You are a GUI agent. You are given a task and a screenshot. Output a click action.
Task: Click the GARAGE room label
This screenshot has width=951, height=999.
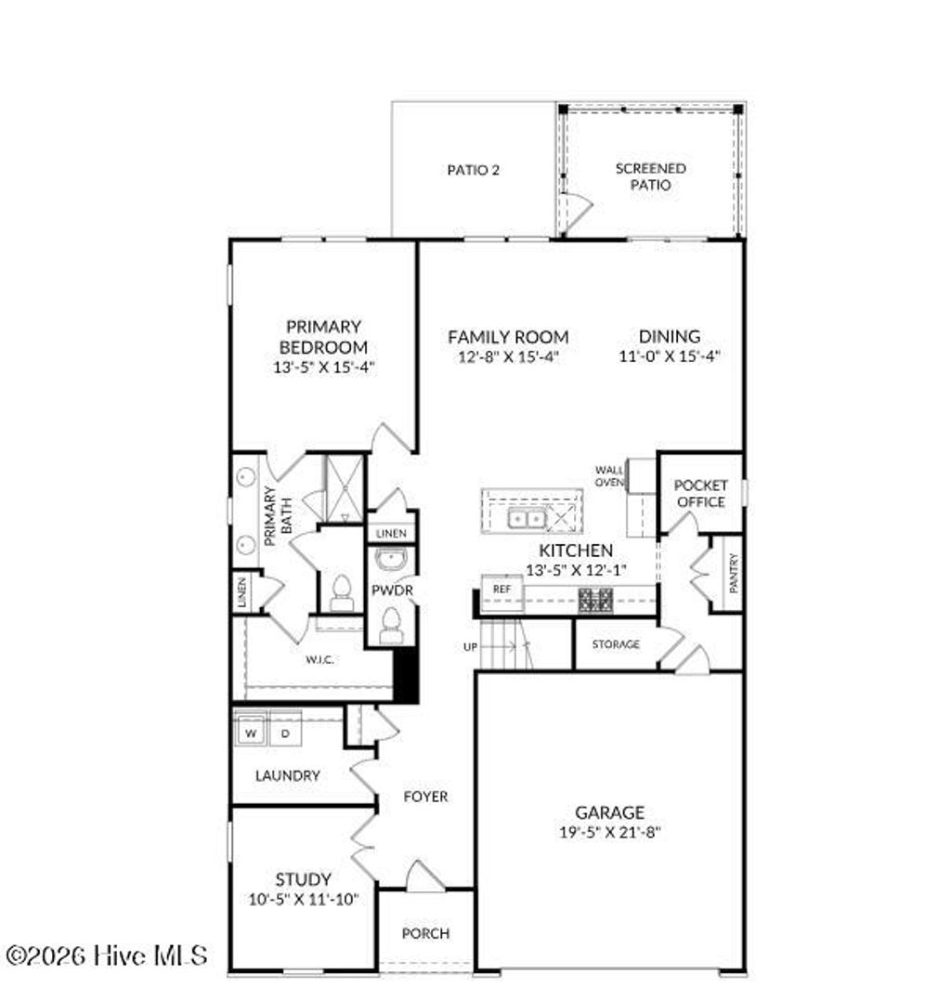(609, 812)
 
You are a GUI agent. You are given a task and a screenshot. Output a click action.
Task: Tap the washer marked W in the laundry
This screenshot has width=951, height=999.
(251, 733)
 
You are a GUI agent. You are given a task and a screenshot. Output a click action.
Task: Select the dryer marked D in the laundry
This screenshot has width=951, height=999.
(284, 733)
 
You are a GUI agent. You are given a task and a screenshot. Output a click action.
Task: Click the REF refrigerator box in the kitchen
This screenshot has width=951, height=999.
(502, 589)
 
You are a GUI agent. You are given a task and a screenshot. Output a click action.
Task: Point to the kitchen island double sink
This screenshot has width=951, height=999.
(527, 519)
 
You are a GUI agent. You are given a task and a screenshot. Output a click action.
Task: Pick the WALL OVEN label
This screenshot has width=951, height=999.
(609, 475)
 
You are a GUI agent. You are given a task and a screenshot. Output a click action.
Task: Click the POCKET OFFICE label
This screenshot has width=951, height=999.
(700, 493)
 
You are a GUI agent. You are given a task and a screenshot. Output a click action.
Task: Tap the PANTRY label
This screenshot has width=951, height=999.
(734, 573)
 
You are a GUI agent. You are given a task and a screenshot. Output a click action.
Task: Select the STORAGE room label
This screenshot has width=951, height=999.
(616, 643)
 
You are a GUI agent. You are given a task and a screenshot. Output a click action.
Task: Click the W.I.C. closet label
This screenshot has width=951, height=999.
(319, 659)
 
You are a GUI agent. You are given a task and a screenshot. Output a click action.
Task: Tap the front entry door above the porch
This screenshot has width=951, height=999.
(425, 878)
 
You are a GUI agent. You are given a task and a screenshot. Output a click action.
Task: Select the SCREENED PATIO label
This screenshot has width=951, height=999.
(651, 176)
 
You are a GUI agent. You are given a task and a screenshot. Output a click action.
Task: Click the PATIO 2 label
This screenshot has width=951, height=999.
(474, 170)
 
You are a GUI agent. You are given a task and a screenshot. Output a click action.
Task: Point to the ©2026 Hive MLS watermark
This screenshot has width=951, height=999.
(107, 954)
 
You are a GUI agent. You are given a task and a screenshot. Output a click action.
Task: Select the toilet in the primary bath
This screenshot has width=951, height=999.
(341, 591)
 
